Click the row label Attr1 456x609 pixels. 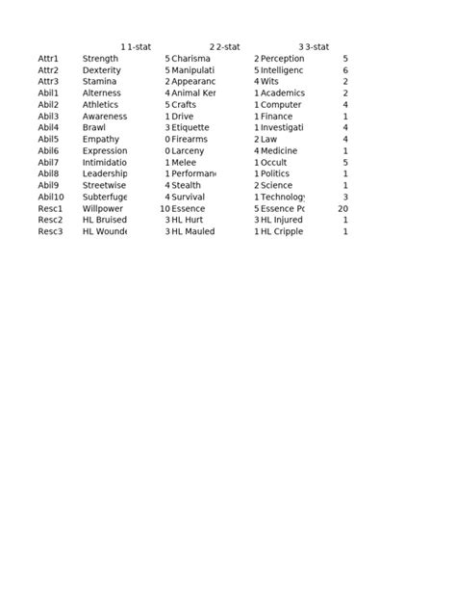coord(48,59)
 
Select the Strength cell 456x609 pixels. coord(100,59)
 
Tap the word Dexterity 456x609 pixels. coord(102,70)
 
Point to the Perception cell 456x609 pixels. coord(282,59)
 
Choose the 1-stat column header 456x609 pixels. coord(139,46)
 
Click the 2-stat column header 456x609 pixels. coord(227,46)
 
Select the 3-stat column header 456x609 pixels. coord(317,46)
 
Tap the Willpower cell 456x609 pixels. coord(102,208)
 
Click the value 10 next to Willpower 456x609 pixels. coord(165,208)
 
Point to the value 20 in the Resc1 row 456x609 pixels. coord(342,208)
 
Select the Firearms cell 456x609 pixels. coord(190,139)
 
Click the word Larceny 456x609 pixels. coord(189,150)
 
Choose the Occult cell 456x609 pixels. coord(274,162)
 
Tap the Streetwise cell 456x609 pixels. coord(104,185)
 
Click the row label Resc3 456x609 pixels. coord(50,231)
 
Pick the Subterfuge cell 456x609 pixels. coord(105,197)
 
